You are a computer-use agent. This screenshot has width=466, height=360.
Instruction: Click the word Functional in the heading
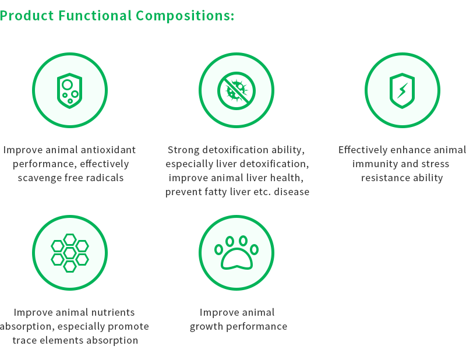pyautogui.click(x=95, y=16)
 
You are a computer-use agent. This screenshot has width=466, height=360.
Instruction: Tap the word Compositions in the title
pyautogui.click(x=185, y=16)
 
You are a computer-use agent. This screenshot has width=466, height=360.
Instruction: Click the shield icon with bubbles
pyautogui.click(x=69, y=91)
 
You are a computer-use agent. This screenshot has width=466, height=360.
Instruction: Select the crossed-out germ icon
pyautogui.click(x=236, y=91)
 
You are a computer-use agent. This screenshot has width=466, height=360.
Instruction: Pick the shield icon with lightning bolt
pyautogui.click(x=402, y=91)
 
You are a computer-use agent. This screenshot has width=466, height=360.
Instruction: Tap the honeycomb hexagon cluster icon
pyautogui.click(x=70, y=253)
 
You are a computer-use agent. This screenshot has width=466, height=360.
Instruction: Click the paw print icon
pyautogui.click(x=236, y=253)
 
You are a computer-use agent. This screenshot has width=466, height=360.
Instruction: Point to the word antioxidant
pyautogui.click(x=108, y=150)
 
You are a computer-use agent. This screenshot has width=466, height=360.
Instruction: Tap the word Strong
pyautogui.click(x=183, y=150)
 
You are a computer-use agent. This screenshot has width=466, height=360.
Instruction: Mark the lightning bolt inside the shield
pyautogui.click(x=402, y=90)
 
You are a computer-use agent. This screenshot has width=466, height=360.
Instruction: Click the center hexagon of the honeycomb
pyautogui.click(x=70, y=253)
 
